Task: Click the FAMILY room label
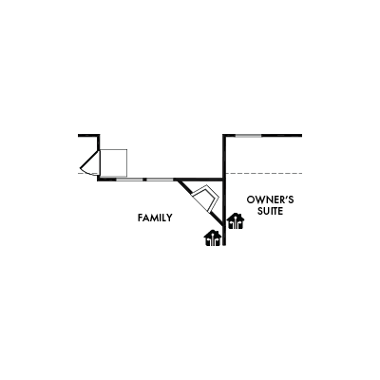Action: coord(155,218)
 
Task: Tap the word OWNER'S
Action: coord(270,199)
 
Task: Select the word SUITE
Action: coord(270,211)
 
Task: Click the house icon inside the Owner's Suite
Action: coord(236,221)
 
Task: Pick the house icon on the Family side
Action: coord(213,238)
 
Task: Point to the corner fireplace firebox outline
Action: coord(205,199)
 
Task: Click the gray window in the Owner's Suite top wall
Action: coord(249,136)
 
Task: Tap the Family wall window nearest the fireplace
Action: coord(161,180)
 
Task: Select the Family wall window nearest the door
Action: coord(129,180)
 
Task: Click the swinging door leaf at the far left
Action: coord(90,159)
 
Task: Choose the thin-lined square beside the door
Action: coord(114,162)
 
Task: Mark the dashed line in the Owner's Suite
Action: coord(263,173)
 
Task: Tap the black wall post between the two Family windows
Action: coord(145,180)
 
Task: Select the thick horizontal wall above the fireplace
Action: coord(199,180)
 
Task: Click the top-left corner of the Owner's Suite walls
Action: coord(224,136)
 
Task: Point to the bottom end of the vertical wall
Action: coord(224,245)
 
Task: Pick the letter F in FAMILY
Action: coord(140,218)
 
